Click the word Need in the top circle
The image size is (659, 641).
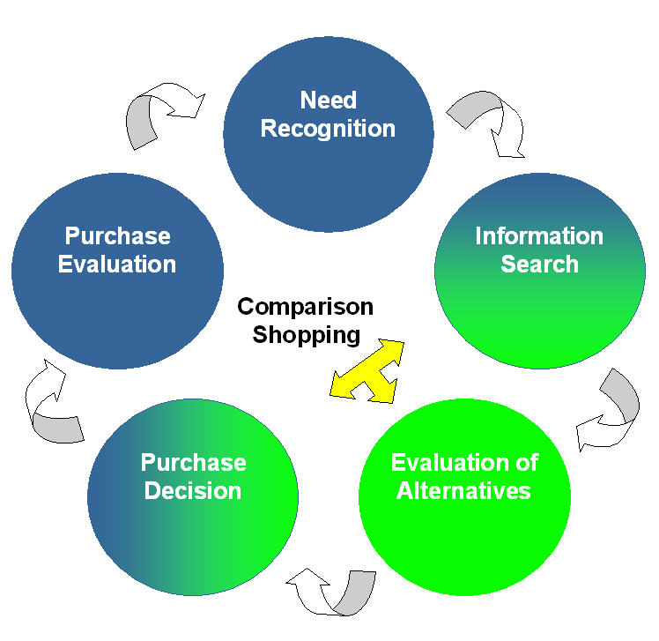[x=328, y=100]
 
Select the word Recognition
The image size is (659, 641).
[x=328, y=129]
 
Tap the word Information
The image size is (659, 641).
[x=539, y=235]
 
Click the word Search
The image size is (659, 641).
[x=539, y=264]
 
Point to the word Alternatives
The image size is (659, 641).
[x=464, y=490]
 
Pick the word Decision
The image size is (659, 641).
[x=193, y=490]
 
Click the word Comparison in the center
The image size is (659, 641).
[x=306, y=307]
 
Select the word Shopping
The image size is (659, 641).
[x=306, y=335]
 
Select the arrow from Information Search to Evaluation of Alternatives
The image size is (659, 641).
[x=611, y=410]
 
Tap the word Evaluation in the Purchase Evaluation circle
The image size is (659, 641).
[x=117, y=264]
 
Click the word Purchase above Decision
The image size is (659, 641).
[x=193, y=462]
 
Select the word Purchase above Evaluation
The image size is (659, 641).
[x=117, y=235]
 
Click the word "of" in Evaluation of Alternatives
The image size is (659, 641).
[x=524, y=462]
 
